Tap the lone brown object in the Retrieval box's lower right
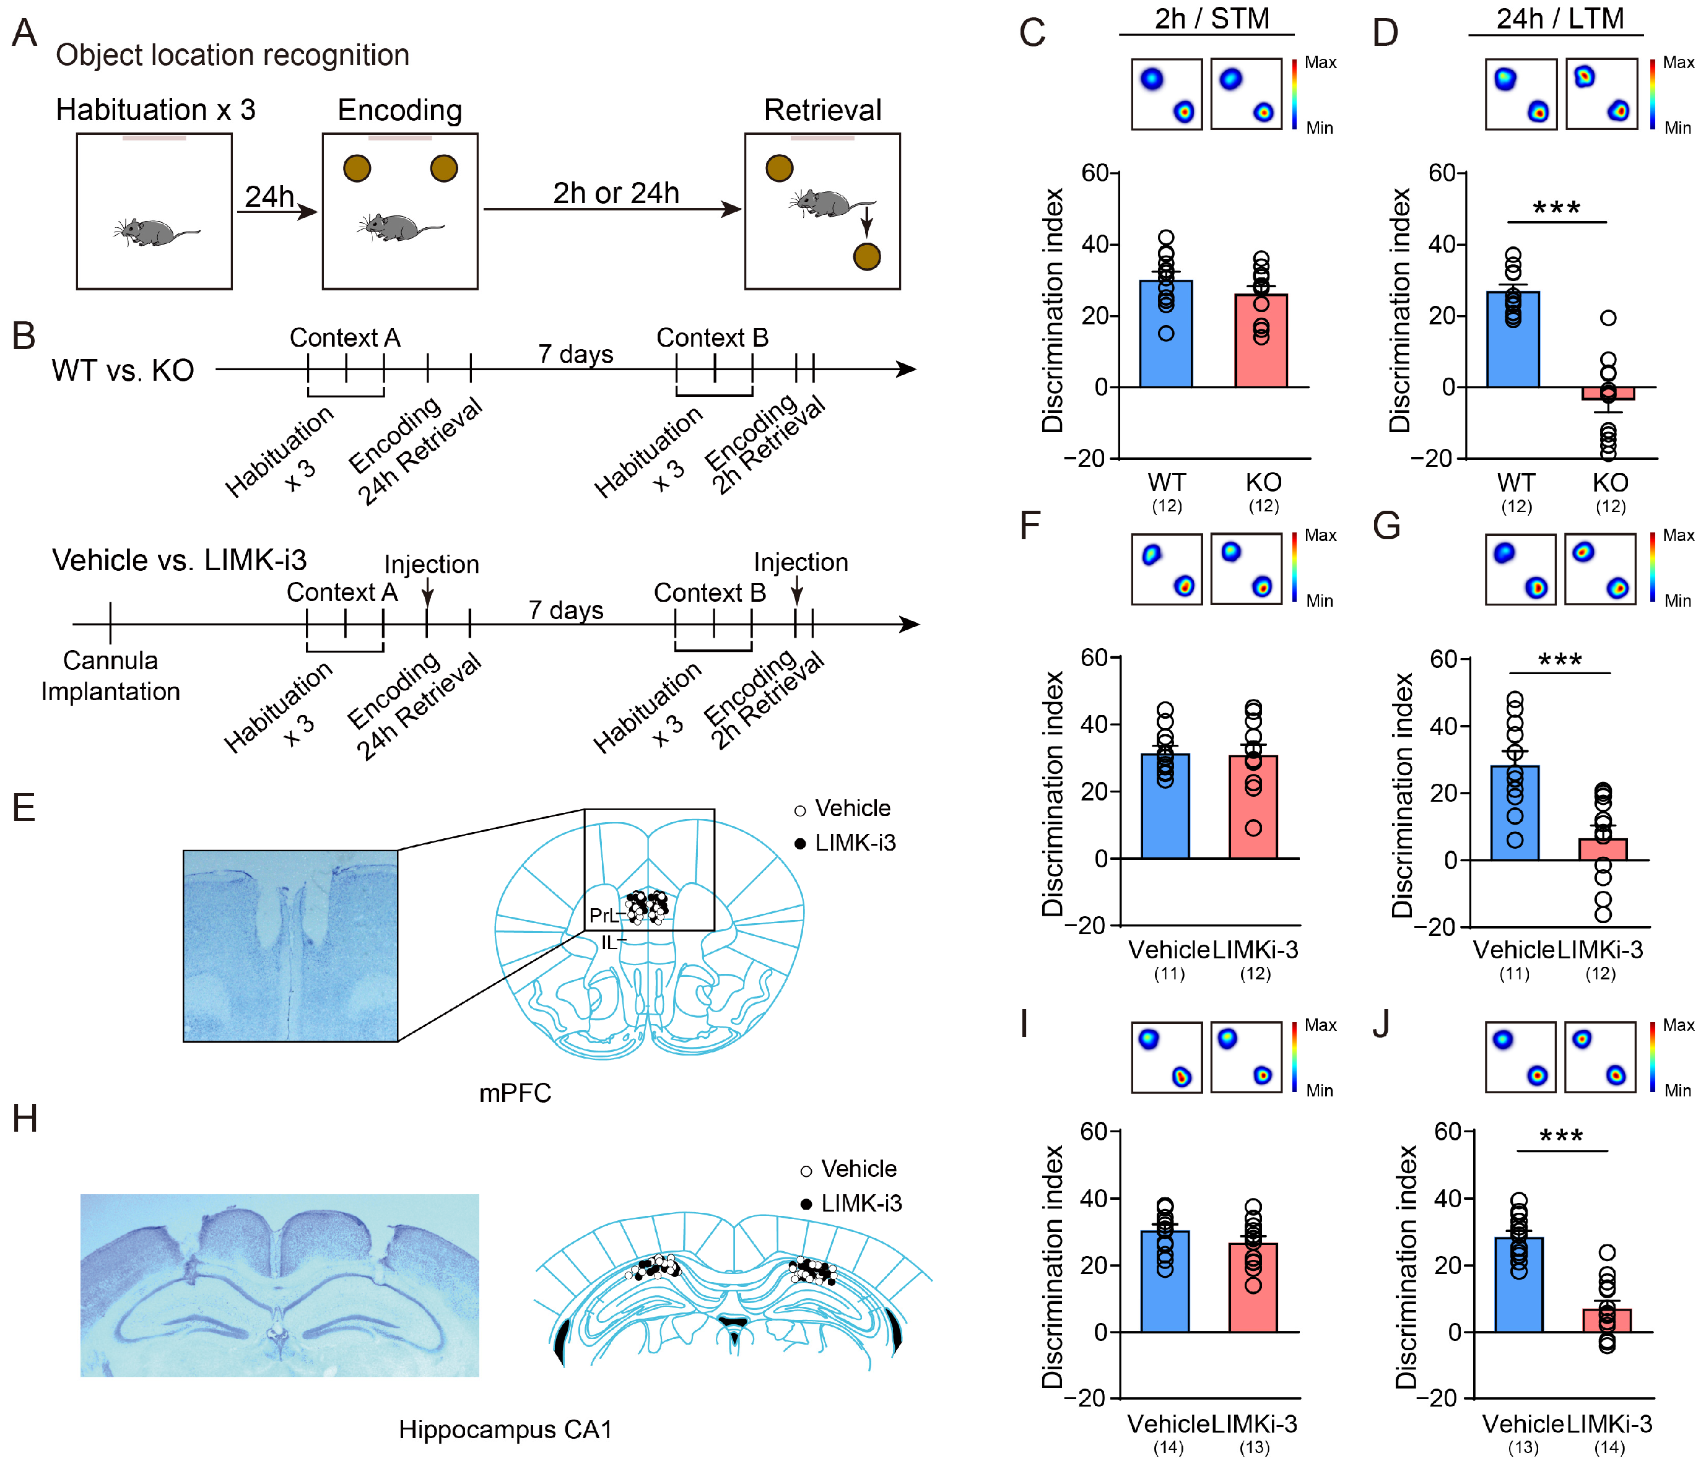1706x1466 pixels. [866, 257]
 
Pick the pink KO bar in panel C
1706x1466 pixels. [1261, 340]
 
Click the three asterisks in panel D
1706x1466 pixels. [1556, 208]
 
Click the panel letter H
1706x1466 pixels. [25, 1119]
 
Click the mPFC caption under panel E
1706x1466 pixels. [515, 1093]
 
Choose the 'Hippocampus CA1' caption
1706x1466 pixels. [505, 1429]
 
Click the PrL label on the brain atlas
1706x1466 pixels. [602, 916]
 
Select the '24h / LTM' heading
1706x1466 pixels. [1559, 18]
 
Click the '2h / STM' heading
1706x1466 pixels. [1211, 18]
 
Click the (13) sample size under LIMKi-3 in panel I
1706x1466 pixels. [1254, 1447]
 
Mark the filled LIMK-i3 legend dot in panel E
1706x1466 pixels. [799, 844]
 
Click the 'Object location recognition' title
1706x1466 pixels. [232, 55]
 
